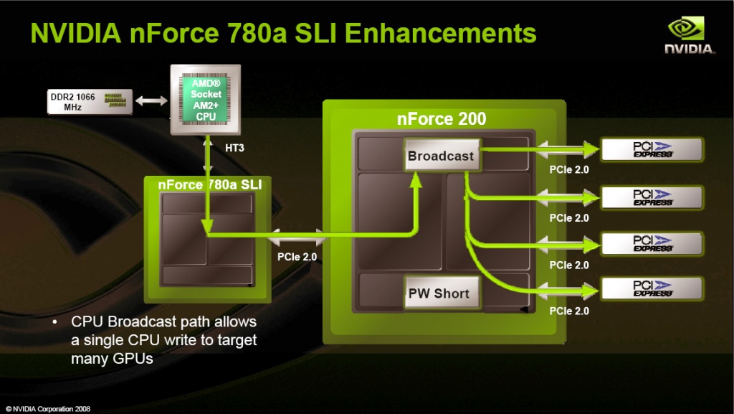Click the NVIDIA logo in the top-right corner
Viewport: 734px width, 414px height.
click(x=690, y=35)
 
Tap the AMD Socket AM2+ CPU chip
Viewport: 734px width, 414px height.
click(x=206, y=100)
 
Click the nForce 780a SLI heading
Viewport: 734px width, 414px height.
click(x=209, y=185)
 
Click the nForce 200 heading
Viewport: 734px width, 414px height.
click(x=442, y=119)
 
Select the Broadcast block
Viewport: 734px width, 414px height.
click(x=441, y=156)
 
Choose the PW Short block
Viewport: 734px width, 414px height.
click(x=439, y=293)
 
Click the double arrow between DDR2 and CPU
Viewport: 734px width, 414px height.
click(x=152, y=102)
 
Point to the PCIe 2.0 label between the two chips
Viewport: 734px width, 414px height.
click(x=297, y=255)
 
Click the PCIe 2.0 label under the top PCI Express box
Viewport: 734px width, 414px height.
click(x=569, y=171)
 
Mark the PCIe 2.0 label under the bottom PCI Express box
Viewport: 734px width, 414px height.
click(x=569, y=311)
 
